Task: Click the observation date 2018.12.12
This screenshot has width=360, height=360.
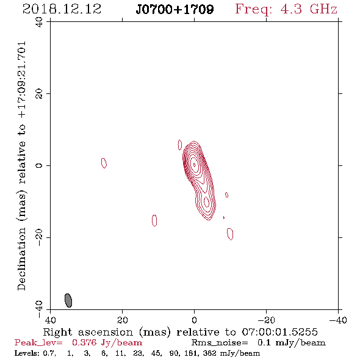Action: (x=62, y=9)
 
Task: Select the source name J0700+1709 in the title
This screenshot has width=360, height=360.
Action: (x=175, y=9)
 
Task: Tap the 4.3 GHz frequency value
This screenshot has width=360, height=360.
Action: (x=309, y=9)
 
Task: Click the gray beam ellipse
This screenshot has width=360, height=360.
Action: (x=68, y=300)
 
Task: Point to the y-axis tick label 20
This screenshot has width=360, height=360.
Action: (x=39, y=94)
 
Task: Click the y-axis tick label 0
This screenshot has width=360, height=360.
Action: (x=39, y=165)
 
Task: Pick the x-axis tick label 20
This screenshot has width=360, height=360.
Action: (x=123, y=320)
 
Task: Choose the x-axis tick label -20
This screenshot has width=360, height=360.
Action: (x=266, y=320)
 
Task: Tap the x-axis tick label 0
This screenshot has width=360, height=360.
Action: (x=194, y=320)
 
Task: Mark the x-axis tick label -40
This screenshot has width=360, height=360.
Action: (x=338, y=320)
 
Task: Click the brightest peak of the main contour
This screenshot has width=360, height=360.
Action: (x=195, y=165)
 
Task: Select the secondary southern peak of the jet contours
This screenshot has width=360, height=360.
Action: (x=206, y=202)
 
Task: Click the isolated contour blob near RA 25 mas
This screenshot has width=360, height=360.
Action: (x=104, y=163)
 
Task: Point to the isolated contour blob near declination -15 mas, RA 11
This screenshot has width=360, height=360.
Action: (x=154, y=220)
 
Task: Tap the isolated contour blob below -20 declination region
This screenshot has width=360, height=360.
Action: (x=230, y=234)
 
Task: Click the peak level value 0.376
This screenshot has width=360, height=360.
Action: (x=84, y=342)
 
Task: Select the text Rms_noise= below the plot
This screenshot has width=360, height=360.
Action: (x=220, y=343)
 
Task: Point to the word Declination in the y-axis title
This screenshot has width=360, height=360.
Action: (x=21, y=259)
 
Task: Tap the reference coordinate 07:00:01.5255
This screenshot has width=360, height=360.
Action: (x=279, y=332)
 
